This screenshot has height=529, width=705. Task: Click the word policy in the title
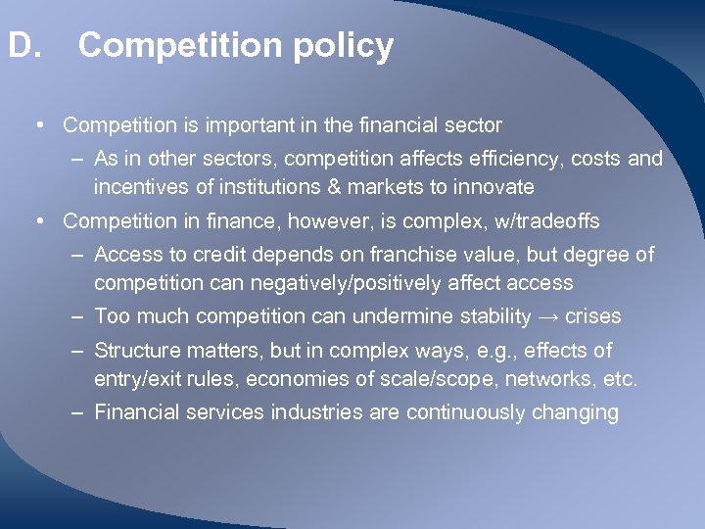tap(346, 46)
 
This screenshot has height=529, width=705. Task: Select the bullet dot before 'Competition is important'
tap(36, 125)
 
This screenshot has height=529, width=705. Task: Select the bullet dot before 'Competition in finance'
tap(36, 221)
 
